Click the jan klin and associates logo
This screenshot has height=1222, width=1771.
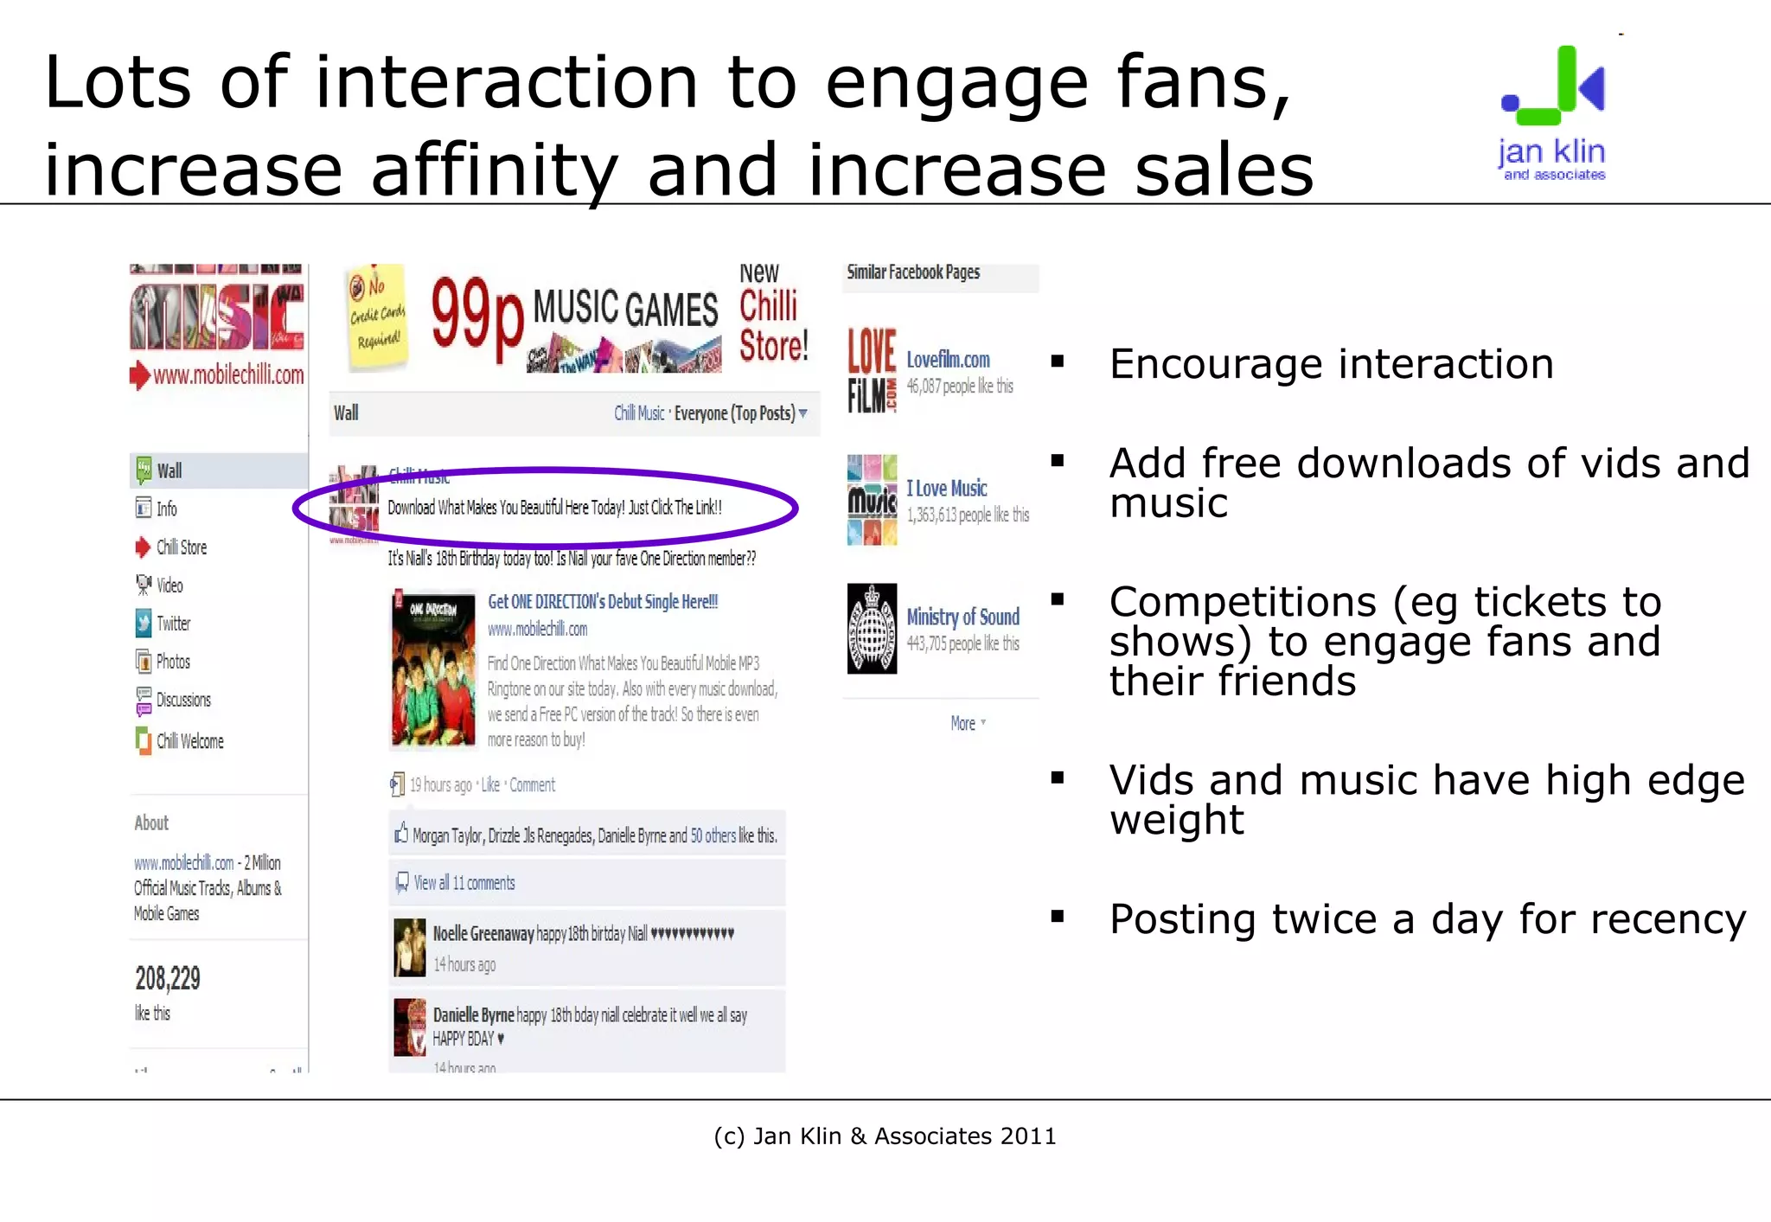[x=1552, y=113]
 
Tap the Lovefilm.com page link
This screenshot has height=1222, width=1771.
[x=948, y=359]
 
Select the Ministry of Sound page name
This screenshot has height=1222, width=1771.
[x=962, y=617]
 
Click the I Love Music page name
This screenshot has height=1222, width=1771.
[x=946, y=489]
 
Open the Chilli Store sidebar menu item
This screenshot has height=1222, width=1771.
[x=181, y=547]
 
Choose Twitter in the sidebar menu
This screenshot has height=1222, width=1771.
[x=173, y=624]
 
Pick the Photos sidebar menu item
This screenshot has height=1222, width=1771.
[x=173, y=662]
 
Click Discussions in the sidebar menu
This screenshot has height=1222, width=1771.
[x=183, y=700]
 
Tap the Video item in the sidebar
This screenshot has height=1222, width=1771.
[x=169, y=585]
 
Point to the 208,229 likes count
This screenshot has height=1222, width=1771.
[x=168, y=979]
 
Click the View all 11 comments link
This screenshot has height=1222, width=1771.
[x=464, y=883]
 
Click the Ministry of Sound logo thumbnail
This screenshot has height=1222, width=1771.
[x=872, y=629]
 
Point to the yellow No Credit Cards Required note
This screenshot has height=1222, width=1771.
[x=377, y=315]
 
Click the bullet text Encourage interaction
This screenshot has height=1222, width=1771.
[x=1331, y=364]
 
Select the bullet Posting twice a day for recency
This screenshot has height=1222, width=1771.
[x=1427, y=918]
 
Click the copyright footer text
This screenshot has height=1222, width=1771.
[x=885, y=1136]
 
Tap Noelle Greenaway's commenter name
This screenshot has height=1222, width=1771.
[x=483, y=934]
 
